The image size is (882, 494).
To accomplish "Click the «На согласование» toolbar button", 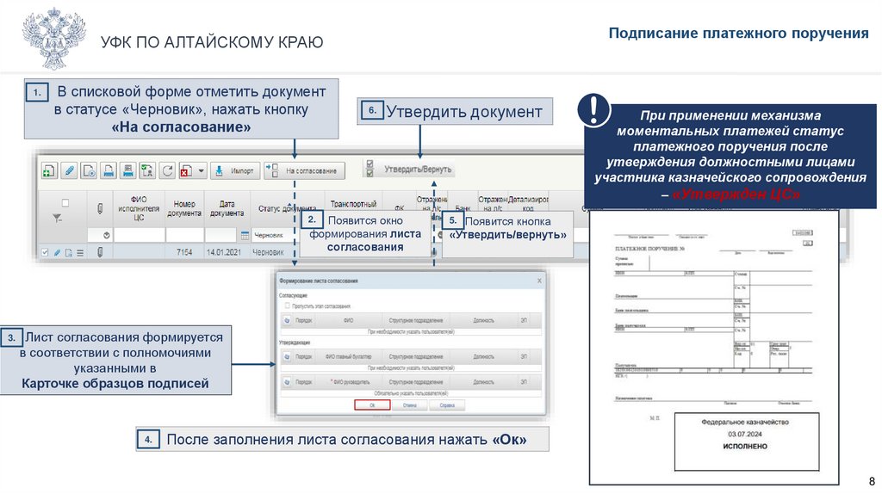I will [x=305, y=170].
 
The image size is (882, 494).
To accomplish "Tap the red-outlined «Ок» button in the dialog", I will [x=371, y=404].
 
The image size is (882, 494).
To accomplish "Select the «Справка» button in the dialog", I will [x=447, y=404].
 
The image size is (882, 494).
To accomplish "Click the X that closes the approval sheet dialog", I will [x=539, y=281].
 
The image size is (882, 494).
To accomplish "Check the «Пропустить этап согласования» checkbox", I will [x=287, y=306].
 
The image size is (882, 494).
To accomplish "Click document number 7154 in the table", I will [x=184, y=252].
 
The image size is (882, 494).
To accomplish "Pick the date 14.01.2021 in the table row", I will [x=220, y=252].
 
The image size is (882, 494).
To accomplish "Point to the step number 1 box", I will [x=37, y=92].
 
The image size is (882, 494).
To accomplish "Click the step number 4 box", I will [x=148, y=440].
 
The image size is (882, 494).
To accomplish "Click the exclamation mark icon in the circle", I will [x=595, y=110].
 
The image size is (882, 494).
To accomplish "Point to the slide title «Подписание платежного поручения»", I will [x=739, y=34].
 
